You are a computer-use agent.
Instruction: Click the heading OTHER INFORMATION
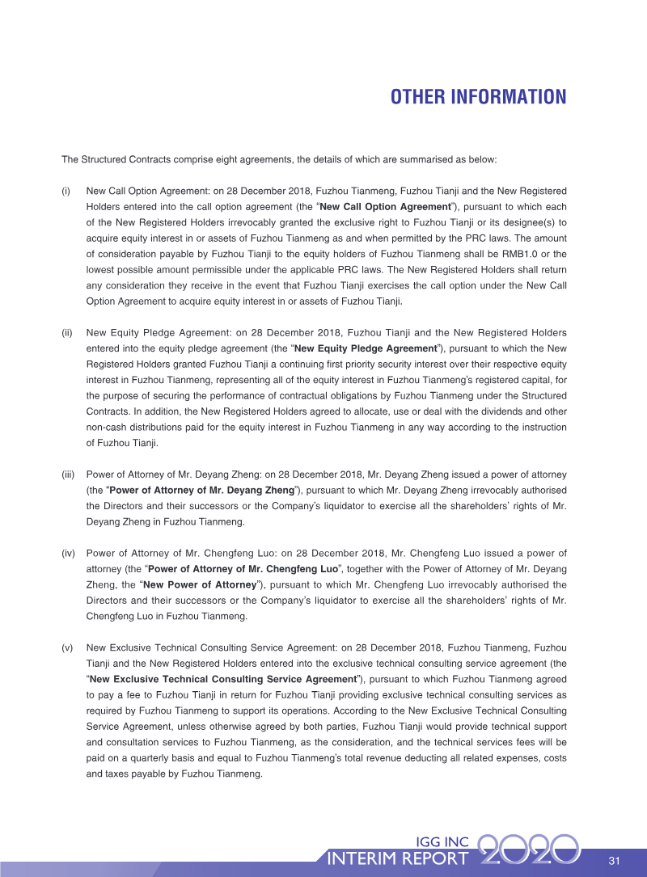(478, 98)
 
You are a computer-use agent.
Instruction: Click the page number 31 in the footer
(614, 859)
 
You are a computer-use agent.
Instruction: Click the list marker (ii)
(67, 332)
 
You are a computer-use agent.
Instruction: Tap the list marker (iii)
(69, 473)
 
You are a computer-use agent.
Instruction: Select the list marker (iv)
(69, 554)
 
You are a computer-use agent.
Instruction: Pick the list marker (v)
(67, 647)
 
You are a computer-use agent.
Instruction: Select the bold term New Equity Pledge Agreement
(366, 348)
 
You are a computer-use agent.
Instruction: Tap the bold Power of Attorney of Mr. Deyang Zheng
(201, 490)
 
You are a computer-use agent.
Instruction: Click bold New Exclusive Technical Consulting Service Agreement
(223, 679)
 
